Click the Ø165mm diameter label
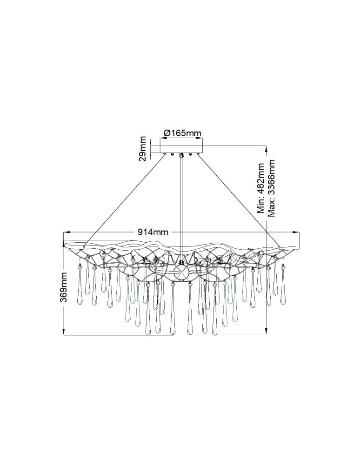click(x=182, y=133)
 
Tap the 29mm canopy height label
click(x=143, y=148)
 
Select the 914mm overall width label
click(x=153, y=232)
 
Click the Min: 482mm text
click(x=260, y=188)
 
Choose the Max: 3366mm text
click(x=271, y=188)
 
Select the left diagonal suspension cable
click(x=125, y=200)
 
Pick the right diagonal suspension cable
click(x=238, y=200)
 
